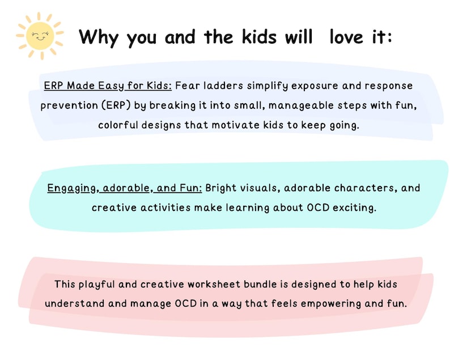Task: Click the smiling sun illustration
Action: [40, 36]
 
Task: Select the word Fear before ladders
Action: [187, 86]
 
